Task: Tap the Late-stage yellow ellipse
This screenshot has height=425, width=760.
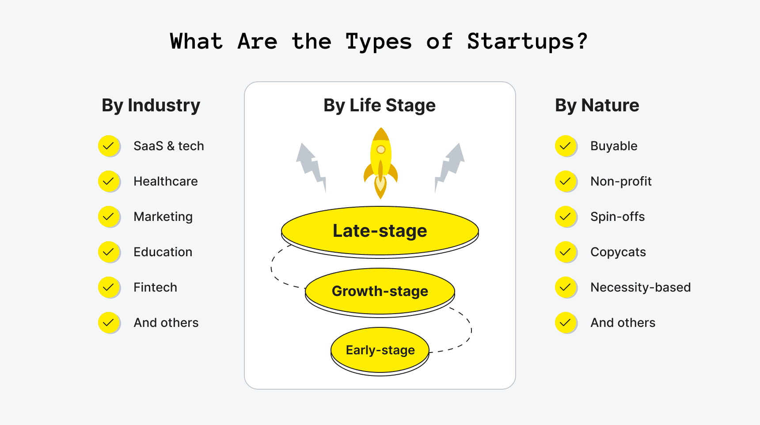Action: pos(380,231)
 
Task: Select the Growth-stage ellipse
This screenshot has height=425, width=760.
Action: pos(380,291)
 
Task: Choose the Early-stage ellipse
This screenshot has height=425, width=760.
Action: pos(380,350)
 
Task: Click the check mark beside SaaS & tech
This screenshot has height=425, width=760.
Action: pos(109,146)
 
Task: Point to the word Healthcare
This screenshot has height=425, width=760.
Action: pos(166,181)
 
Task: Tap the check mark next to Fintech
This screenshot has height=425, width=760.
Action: pos(109,287)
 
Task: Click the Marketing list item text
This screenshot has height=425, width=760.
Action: pos(163,216)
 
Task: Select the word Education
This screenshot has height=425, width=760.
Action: pos(163,252)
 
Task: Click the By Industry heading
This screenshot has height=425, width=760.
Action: pos(151,106)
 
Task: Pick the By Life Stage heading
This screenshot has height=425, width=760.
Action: pos(380,106)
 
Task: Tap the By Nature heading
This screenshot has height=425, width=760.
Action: pos(597,106)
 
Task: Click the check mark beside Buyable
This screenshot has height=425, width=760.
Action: pos(566,146)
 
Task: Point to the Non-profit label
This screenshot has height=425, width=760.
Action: pos(621,181)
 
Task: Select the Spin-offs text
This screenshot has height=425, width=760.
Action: pos(617,216)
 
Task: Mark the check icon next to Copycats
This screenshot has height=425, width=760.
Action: pos(566,252)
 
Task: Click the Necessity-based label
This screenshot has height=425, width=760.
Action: pos(640,287)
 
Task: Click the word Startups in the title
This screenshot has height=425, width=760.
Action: pos(527,42)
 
